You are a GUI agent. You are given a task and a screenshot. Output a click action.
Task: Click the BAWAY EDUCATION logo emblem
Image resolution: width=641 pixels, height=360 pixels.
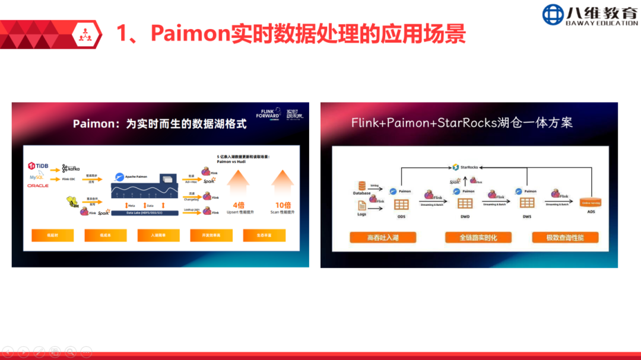pos(553,15)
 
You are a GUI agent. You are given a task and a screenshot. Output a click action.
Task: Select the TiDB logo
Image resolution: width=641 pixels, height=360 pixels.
pos(38,165)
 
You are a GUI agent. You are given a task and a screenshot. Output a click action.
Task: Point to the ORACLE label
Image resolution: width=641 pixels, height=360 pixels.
pos(37,186)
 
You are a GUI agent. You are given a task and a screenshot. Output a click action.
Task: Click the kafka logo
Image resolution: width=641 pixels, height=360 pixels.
pos(71,168)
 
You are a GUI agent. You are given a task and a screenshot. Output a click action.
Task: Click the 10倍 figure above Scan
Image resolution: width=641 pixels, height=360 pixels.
pos(283,205)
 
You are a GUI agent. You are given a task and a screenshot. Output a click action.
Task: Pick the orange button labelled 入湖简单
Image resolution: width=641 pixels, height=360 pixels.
pos(158,235)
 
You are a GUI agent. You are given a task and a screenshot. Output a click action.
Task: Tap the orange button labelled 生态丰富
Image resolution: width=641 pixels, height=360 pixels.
pos(264,235)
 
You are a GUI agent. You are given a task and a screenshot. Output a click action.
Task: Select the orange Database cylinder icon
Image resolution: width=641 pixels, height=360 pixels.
pos(361,186)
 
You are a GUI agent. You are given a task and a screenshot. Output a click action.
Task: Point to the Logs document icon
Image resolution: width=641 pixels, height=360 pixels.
pos(361,205)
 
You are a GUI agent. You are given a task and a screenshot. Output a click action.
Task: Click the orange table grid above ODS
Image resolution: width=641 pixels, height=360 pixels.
pos(401,204)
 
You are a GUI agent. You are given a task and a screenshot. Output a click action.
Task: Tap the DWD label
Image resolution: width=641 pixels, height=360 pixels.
pos(465,216)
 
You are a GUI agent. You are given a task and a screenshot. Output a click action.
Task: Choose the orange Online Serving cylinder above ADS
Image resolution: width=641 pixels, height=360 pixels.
pos(591,202)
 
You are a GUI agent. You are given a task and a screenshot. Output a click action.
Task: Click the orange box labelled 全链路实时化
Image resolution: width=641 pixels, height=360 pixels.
pos(478,237)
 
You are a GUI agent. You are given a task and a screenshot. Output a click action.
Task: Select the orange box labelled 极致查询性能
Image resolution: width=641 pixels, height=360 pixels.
pos(564,237)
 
